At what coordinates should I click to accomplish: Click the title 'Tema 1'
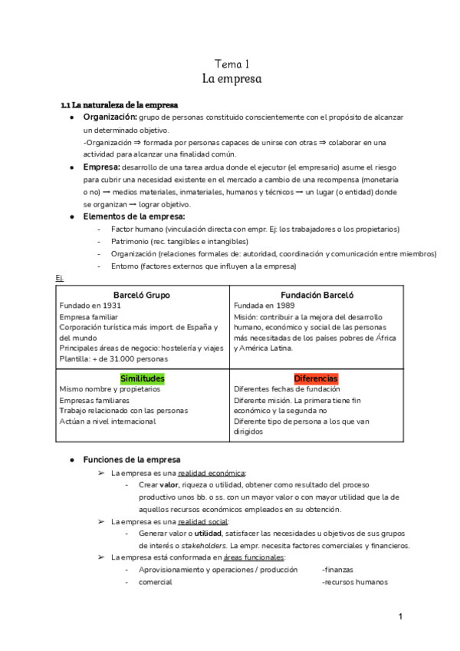(231, 64)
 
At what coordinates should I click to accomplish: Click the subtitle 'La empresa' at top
(231, 79)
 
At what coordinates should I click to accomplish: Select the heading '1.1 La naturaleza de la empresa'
(120, 104)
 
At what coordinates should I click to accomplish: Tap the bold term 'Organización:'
(110, 117)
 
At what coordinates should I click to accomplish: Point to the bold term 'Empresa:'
(101, 167)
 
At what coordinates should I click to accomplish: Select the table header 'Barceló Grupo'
(142, 295)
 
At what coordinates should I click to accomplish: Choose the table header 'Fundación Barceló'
(317, 295)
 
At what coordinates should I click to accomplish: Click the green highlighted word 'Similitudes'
(142, 378)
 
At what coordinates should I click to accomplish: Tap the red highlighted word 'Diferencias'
(316, 378)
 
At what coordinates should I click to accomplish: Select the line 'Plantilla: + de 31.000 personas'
(114, 359)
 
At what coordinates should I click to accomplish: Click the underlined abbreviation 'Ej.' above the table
(60, 278)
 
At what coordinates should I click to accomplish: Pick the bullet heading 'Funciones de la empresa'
(131, 459)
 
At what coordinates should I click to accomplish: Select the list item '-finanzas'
(338, 570)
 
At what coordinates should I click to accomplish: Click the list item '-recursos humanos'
(355, 582)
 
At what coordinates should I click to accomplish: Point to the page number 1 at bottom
(400, 616)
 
